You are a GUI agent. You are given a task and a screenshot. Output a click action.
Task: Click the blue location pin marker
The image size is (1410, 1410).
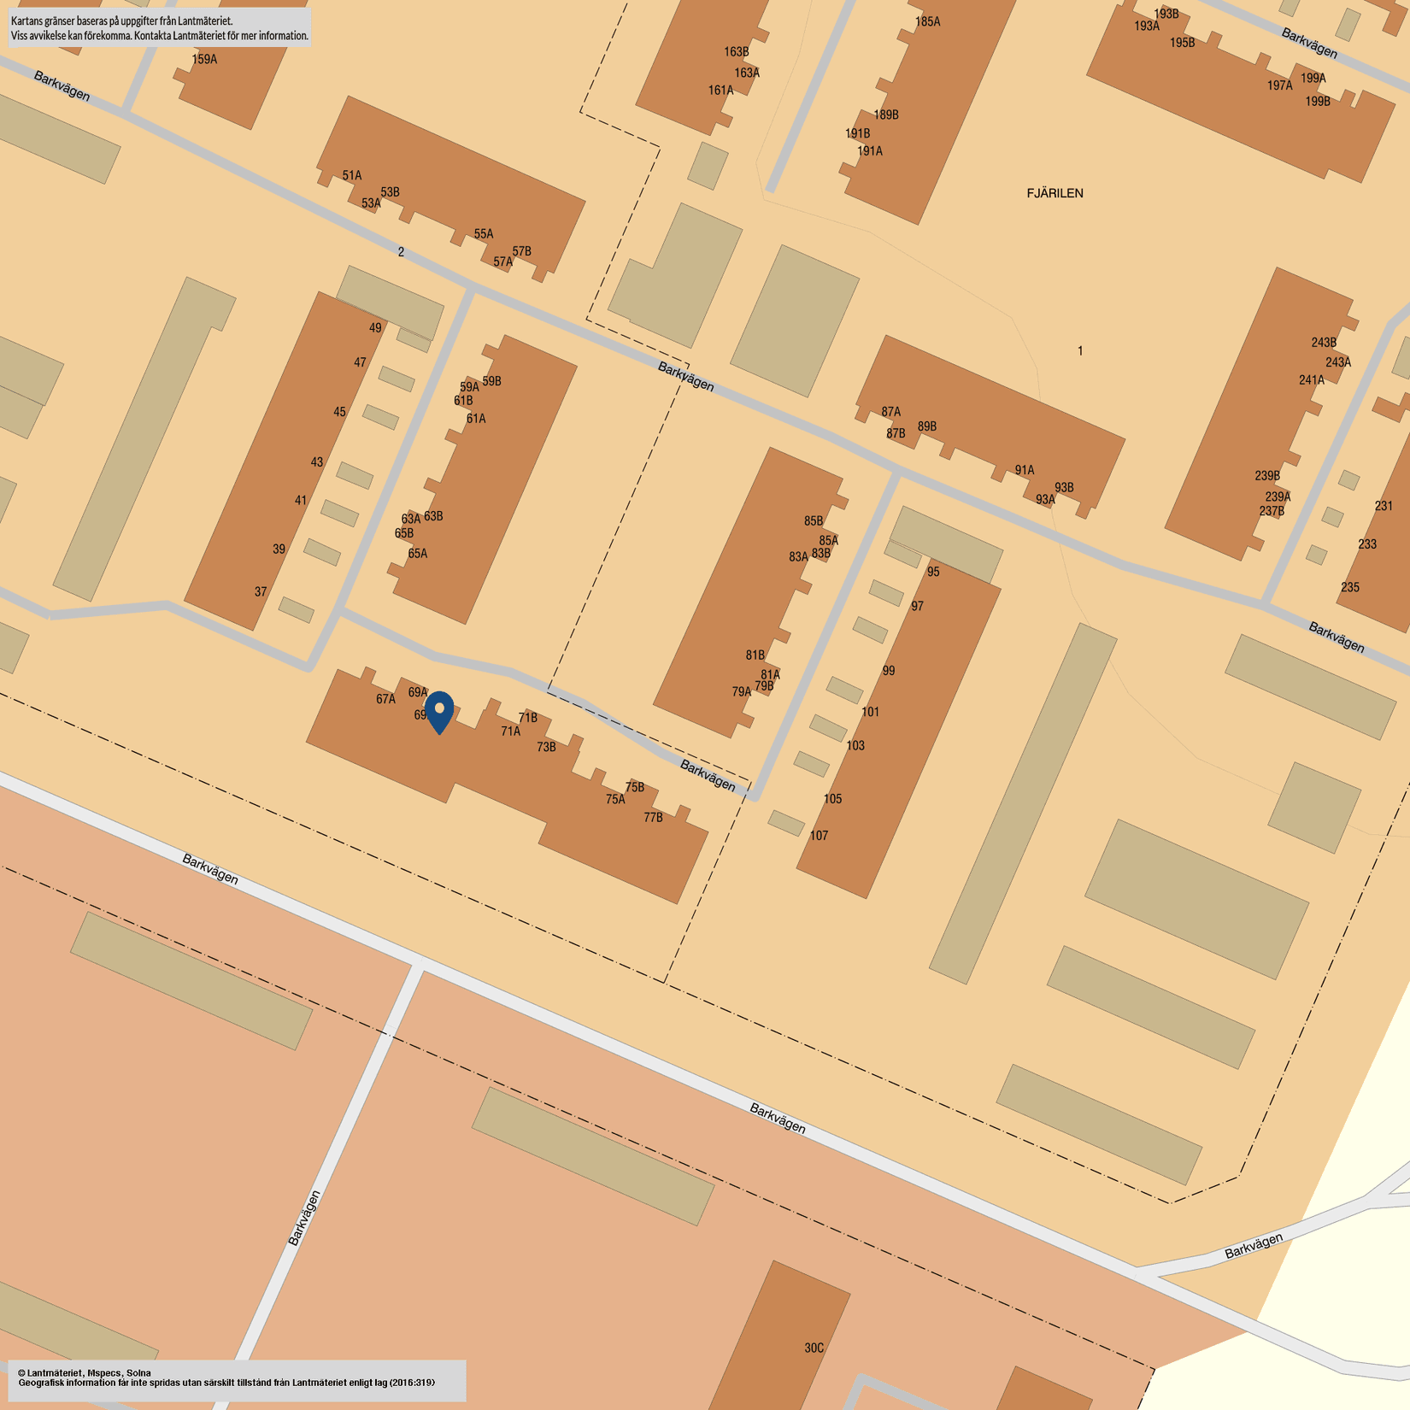tap(439, 712)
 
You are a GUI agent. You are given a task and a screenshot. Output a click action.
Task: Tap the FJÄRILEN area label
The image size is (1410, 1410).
tap(1055, 193)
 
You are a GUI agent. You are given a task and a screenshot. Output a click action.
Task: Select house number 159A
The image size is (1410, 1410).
tap(204, 60)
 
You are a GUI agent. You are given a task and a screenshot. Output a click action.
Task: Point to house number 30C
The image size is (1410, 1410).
tap(814, 1348)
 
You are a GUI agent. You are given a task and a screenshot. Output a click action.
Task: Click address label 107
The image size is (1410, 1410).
tap(819, 836)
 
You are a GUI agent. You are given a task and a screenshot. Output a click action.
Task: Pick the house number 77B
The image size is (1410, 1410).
tap(653, 818)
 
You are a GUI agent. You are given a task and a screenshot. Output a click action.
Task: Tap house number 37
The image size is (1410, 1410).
tap(261, 591)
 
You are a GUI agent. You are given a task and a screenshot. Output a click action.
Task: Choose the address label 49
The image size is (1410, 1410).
tap(375, 328)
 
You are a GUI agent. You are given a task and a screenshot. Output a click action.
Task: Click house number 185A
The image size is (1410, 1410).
tap(927, 22)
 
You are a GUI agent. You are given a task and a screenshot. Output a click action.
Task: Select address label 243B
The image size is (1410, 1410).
tap(1324, 343)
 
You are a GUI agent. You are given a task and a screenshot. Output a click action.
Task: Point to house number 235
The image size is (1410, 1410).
tap(1350, 587)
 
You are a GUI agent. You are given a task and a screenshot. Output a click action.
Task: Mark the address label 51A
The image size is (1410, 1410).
tap(352, 176)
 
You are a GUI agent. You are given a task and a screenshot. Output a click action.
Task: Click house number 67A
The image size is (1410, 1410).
tap(385, 699)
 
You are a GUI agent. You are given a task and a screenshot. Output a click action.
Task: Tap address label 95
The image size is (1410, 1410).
tap(933, 572)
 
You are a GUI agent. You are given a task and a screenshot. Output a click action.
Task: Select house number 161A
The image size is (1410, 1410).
tap(720, 91)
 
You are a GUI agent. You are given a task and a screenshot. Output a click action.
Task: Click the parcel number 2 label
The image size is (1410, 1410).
tap(401, 252)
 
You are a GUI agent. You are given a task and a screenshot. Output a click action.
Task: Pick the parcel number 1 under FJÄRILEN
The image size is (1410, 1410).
tap(1080, 350)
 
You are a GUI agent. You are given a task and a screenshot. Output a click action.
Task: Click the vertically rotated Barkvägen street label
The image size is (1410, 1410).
tap(304, 1218)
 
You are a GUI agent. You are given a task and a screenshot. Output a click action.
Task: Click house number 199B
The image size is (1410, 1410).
tap(1318, 102)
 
